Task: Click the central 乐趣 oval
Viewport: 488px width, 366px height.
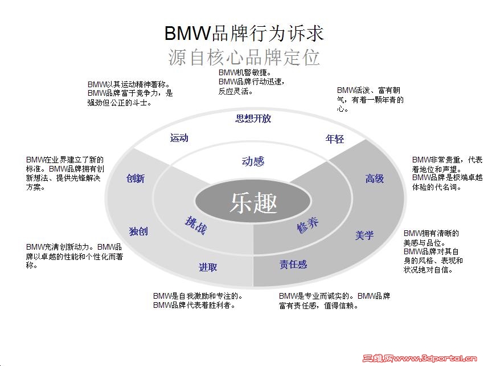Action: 253,202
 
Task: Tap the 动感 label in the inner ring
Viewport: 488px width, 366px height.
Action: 253,161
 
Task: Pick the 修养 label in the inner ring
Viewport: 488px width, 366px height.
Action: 307,225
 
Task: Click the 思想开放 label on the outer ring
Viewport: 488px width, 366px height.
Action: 253,119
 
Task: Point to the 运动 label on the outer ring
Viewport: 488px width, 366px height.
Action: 179,138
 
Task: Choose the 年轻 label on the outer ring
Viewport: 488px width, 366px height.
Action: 335,139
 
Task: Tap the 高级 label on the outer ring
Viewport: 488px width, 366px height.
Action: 375,178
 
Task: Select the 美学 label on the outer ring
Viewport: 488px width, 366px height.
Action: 364,234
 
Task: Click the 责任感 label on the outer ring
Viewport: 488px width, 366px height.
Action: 293,265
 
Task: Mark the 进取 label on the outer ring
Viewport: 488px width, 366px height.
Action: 208,267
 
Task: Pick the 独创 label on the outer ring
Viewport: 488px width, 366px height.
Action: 138,231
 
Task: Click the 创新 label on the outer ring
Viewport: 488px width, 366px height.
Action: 136,178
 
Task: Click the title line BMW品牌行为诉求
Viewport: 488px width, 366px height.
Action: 244,33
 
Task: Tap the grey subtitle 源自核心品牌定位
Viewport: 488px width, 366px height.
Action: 244,58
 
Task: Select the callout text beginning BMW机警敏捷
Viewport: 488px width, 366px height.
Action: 251,82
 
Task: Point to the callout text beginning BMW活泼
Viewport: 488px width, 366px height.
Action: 370,99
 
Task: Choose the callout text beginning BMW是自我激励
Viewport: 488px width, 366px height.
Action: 199,300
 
